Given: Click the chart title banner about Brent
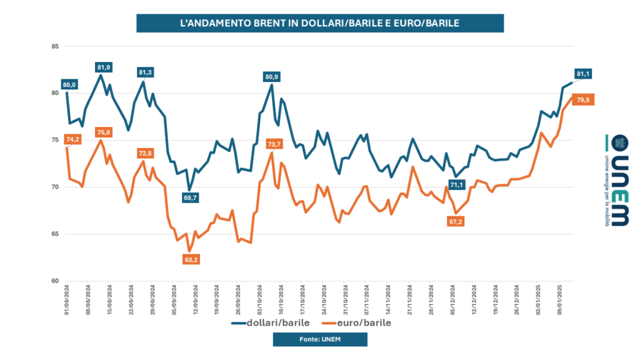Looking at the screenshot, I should (320, 23).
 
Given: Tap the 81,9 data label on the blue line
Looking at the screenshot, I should (104, 67).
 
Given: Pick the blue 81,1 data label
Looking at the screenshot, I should (583, 74).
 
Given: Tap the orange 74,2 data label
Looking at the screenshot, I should (72, 139).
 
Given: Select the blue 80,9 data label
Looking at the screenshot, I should (272, 76).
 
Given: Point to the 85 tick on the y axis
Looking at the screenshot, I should (54, 46).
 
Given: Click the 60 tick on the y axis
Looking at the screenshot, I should (54, 281).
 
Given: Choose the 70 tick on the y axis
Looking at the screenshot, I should (54, 187).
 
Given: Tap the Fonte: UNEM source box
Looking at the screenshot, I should (320, 339).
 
